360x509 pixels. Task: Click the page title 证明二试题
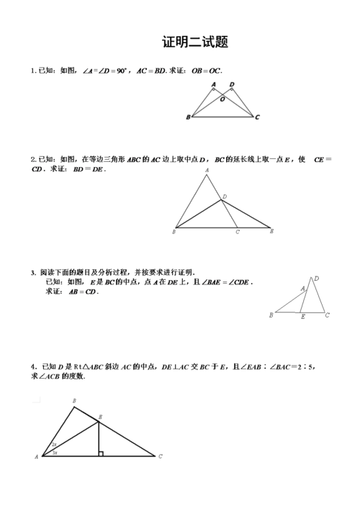click(x=195, y=42)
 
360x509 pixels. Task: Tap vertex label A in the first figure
click(x=214, y=85)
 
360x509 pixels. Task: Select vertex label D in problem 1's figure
click(x=232, y=85)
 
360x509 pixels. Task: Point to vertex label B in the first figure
click(x=188, y=117)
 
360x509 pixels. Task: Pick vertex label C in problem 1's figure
click(x=257, y=117)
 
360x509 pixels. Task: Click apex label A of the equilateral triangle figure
click(x=207, y=171)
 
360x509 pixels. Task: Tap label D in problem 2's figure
click(x=225, y=196)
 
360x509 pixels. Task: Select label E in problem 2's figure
click(x=271, y=232)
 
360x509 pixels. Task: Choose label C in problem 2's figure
click(x=237, y=233)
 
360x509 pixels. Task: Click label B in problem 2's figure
click(x=175, y=232)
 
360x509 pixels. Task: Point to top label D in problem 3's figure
click(x=317, y=279)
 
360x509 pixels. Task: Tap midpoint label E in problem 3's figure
click(x=302, y=317)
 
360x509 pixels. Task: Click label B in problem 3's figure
click(x=271, y=315)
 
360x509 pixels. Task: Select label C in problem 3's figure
click(x=328, y=315)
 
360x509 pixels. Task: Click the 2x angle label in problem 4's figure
click(x=54, y=445)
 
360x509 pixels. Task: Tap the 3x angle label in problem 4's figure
click(x=55, y=452)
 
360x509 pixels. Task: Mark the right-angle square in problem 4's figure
click(x=102, y=453)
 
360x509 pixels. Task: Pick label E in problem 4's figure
click(x=100, y=418)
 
